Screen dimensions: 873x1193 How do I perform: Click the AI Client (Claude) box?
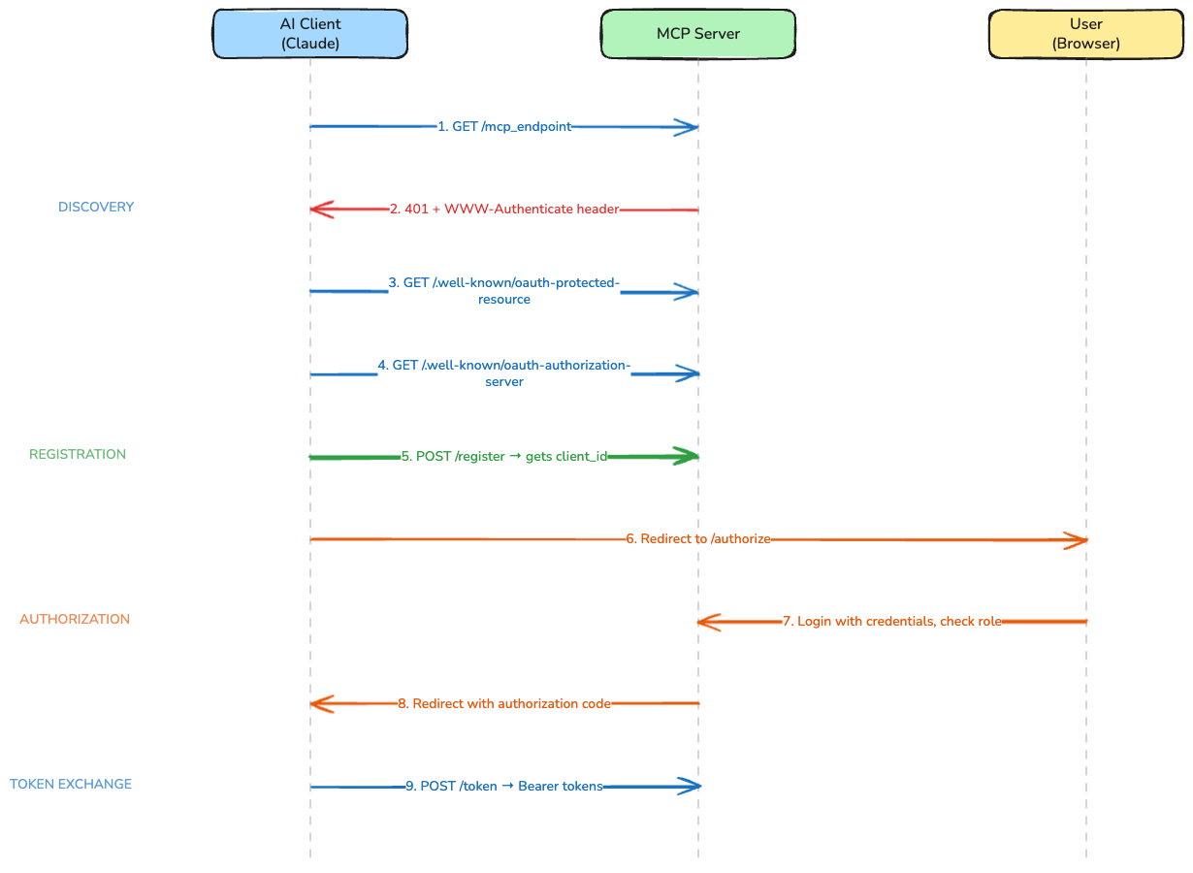click(x=309, y=35)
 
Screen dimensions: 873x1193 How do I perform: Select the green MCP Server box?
click(x=697, y=34)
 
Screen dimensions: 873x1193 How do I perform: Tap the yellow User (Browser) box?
click(x=1085, y=35)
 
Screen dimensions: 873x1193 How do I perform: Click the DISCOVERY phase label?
click(x=96, y=207)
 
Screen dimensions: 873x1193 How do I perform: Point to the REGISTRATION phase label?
click(x=78, y=454)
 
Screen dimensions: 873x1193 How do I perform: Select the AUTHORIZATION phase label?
click(x=75, y=619)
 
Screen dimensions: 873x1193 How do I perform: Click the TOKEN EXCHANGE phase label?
click(x=71, y=784)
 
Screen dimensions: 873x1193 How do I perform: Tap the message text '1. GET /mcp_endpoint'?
click(x=504, y=126)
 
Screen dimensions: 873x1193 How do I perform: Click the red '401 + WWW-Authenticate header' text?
click(x=504, y=209)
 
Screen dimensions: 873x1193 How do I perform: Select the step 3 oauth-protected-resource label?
click(x=504, y=291)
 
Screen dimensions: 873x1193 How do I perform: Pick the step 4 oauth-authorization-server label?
click(x=504, y=373)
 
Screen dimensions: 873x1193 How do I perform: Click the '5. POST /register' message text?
click(x=504, y=456)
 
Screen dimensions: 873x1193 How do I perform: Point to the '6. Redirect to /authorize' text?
click(x=698, y=538)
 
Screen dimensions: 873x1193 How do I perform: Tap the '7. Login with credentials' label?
click(x=892, y=621)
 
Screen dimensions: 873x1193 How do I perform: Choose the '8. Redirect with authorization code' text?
click(x=504, y=703)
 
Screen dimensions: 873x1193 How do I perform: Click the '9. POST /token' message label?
click(x=504, y=786)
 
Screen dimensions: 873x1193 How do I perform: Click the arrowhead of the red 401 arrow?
click(x=320, y=210)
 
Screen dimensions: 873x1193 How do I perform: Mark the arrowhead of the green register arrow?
click(x=688, y=456)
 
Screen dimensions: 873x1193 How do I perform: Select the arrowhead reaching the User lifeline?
click(x=1076, y=540)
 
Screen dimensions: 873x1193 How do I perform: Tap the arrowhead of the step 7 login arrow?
click(x=708, y=622)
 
